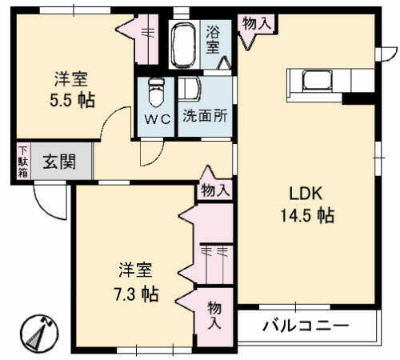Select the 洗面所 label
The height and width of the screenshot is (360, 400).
(x=206, y=114)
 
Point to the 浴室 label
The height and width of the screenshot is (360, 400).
(x=214, y=40)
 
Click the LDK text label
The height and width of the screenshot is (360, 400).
(x=306, y=194)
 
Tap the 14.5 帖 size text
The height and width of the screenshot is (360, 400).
(x=306, y=215)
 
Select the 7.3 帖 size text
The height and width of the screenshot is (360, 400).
(x=128, y=292)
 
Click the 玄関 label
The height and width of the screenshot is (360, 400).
(x=59, y=162)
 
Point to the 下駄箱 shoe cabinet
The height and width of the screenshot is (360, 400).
(x=23, y=161)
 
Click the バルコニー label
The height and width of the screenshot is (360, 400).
(x=306, y=326)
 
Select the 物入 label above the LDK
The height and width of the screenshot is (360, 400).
(x=256, y=24)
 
